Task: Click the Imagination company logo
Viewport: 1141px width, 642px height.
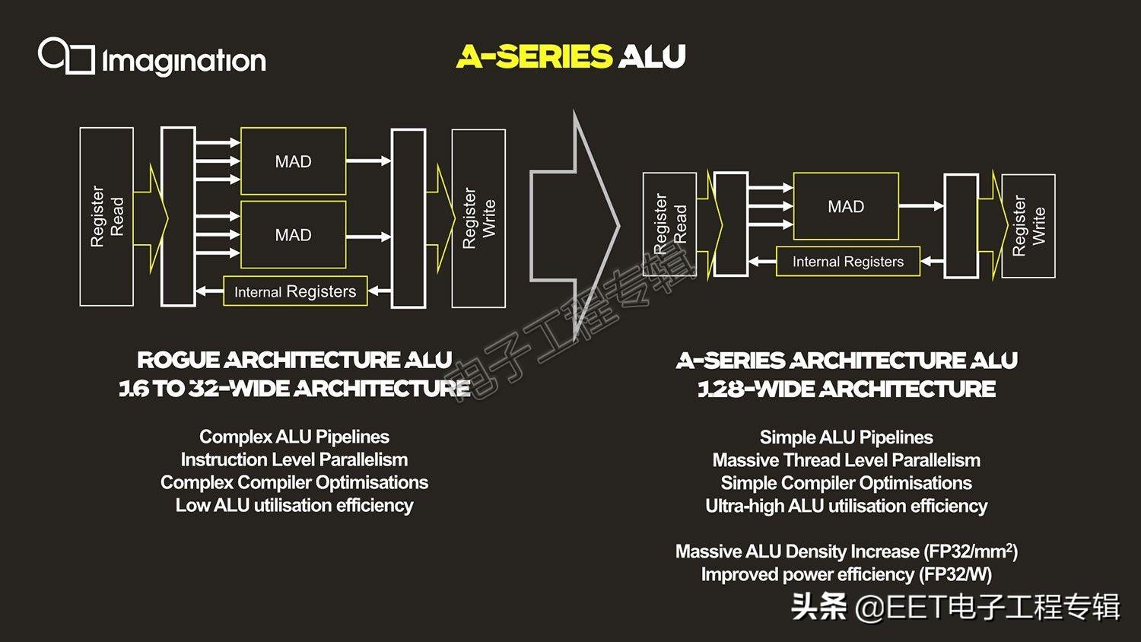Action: [x=152, y=58]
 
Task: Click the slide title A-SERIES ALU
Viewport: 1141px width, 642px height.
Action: [x=571, y=56]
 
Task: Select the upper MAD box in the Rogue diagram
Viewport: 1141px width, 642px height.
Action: [x=293, y=161]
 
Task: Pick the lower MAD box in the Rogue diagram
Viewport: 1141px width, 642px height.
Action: [x=293, y=235]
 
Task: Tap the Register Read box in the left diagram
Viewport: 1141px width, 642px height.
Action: [x=106, y=217]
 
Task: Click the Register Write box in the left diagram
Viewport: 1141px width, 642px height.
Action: [x=478, y=218]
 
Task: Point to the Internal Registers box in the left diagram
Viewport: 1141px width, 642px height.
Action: [x=295, y=291]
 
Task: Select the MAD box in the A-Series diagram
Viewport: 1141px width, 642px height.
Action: [x=846, y=206]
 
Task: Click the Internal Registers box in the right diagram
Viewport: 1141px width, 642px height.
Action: [x=847, y=262]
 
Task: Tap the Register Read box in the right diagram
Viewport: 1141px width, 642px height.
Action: [x=669, y=224]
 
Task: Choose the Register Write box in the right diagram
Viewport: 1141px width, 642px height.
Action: [x=1028, y=226]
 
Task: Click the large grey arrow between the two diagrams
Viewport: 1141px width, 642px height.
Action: [x=576, y=225]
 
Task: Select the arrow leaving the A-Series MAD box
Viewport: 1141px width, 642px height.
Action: [x=921, y=206]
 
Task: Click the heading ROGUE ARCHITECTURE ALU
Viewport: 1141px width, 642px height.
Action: [x=294, y=360]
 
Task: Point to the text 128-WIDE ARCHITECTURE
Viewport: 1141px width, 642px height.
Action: [x=847, y=389]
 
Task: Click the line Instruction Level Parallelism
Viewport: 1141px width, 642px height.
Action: [x=294, y=459]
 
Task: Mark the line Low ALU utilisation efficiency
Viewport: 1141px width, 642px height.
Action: [x=294, y=505]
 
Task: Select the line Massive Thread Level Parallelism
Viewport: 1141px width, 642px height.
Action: [x=846, y=460]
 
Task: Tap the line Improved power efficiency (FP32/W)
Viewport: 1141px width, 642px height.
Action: [x=846, y=574]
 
